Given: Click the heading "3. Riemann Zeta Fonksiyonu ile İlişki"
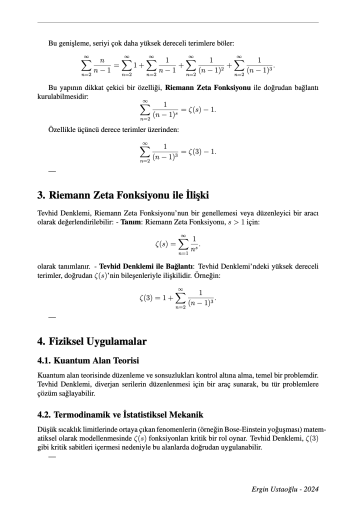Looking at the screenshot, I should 123,194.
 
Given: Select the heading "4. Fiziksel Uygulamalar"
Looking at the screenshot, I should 92,342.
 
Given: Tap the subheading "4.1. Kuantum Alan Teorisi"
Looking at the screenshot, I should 88,360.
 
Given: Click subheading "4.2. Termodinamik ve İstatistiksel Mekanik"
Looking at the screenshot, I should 120,414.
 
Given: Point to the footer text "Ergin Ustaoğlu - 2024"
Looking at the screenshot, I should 285,489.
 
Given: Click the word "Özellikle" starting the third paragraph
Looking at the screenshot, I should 64,130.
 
